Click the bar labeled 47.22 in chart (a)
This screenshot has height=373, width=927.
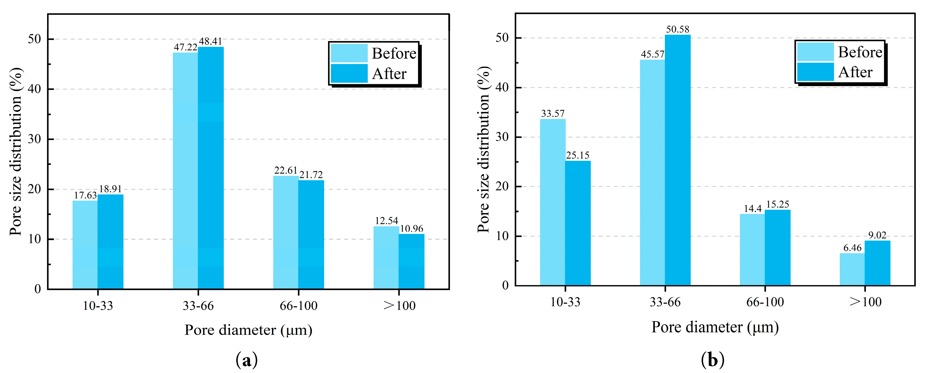click(185, 171)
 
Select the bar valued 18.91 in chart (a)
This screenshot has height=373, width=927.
click(110, 242)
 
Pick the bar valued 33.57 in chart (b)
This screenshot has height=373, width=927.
click(552, 202)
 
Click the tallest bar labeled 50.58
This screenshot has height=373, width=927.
click(678, 160)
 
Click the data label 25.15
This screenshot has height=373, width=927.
click(578, 155)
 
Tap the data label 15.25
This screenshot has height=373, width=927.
click(777, 204)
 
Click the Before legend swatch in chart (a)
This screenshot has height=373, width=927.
click(349, 53)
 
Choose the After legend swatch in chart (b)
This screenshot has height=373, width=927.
click(815, 72)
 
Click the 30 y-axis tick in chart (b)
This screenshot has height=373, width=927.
click(502, 137)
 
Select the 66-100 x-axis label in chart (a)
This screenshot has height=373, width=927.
click(298, 306)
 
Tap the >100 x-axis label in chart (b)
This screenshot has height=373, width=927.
click(865, 302)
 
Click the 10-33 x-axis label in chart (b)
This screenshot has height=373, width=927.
click(565, 302)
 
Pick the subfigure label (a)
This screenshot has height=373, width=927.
click(247, 360)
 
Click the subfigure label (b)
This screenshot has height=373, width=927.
click(712, 360)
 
